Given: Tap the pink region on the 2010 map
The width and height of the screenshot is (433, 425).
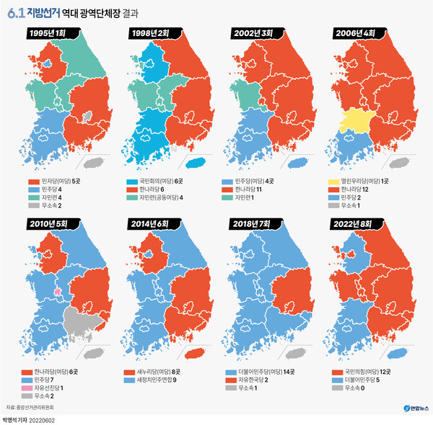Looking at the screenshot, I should pos(58,293).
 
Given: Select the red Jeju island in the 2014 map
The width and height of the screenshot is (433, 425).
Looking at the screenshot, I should pos(194,354).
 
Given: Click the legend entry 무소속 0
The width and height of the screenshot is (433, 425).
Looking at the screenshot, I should pos(359,388).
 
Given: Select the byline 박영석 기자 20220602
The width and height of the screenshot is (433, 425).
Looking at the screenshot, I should pos(29,419).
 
